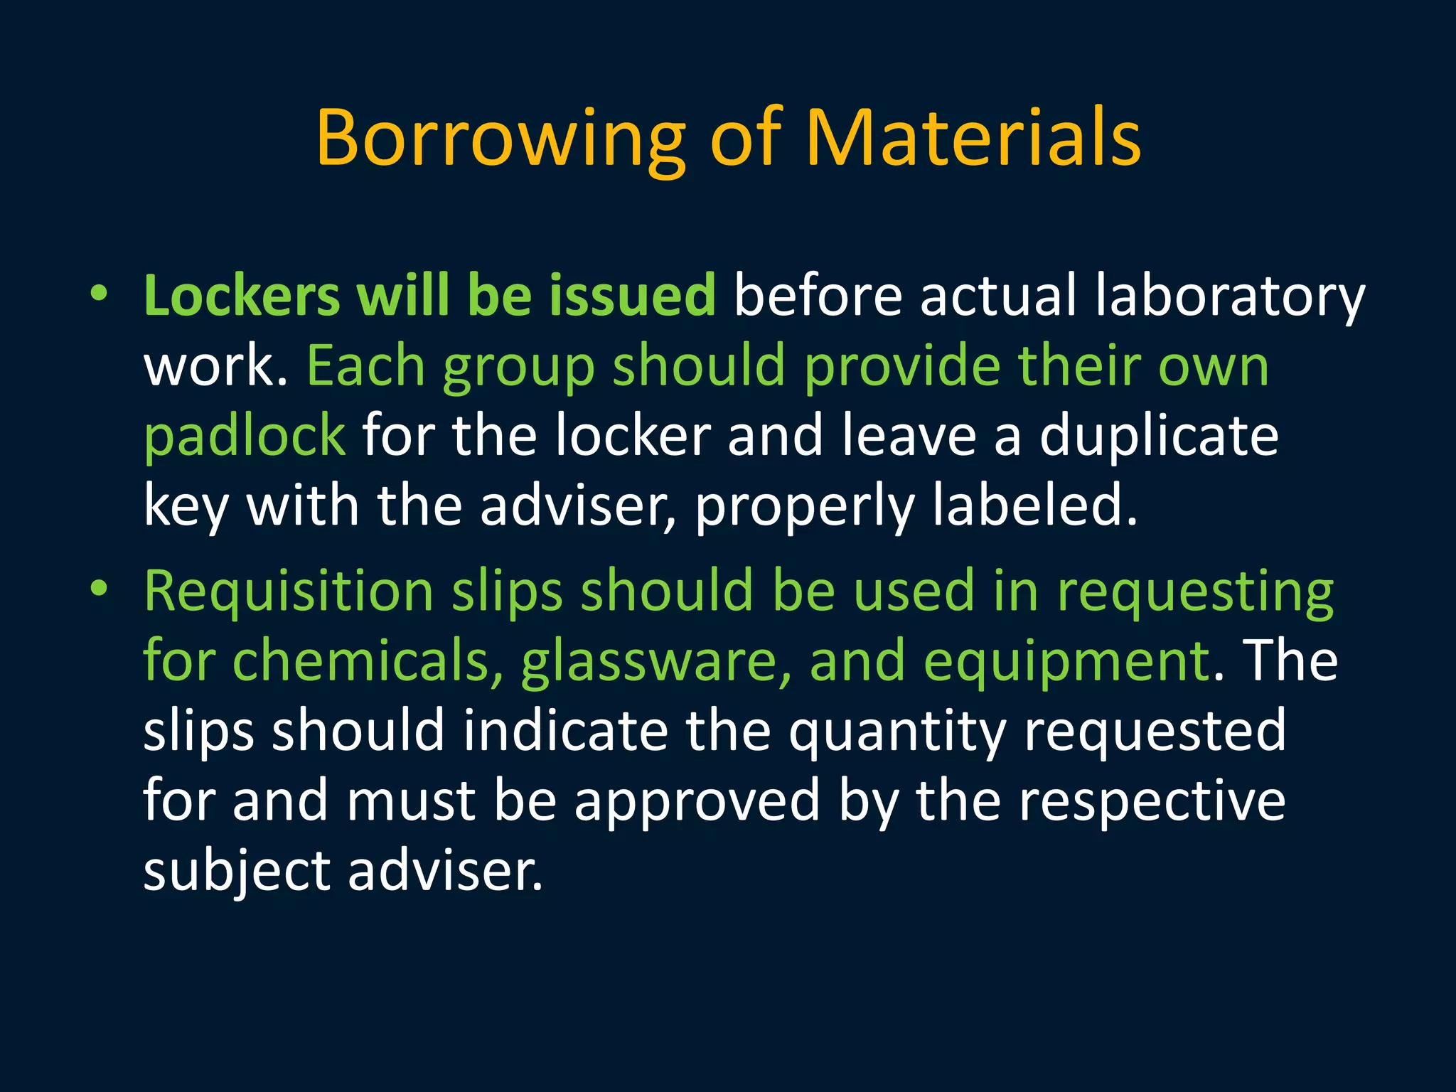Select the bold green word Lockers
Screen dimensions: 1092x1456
click(242, 295)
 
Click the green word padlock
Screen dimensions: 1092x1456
click(245, 437)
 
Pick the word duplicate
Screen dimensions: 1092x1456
click(1159, 437)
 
